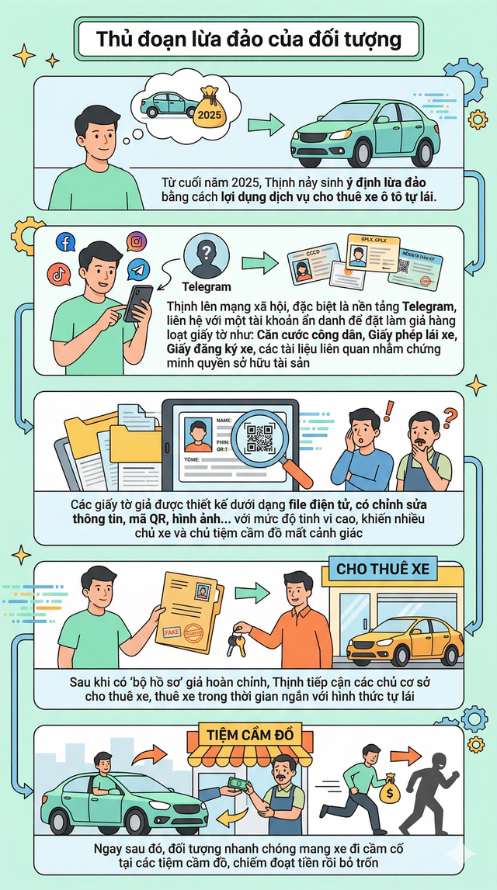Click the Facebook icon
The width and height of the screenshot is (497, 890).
tap(65, 243)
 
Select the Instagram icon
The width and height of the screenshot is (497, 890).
tap(137, 241)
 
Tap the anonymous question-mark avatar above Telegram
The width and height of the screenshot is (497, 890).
tap(206, 255)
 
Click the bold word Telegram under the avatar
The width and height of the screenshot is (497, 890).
tap(206, 287)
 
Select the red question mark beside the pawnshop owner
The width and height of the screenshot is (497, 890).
tap(451, 420)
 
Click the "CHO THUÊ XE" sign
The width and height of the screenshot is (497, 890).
tap(383, 569)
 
